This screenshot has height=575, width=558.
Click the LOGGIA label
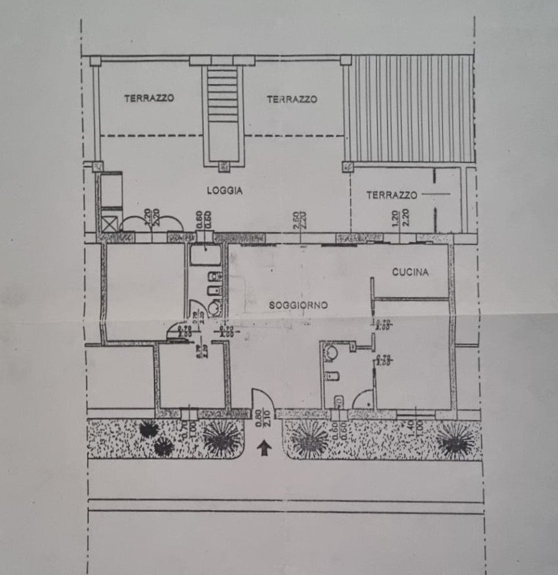(x=224, y=191)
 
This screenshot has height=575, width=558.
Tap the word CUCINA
(x=410, y=272)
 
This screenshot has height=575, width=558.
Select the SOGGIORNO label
(x=298, y=305)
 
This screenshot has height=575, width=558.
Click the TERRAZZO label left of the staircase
(x=149, y=98)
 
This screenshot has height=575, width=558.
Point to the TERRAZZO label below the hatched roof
(x=392, y=195)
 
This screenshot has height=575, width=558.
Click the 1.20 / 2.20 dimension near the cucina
(x=400, y=218)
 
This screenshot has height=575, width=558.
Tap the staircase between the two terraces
(x=222, y=110)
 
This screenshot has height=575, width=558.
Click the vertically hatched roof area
(x=412, y=108)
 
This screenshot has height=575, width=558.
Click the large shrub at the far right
(x=456, y=440)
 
